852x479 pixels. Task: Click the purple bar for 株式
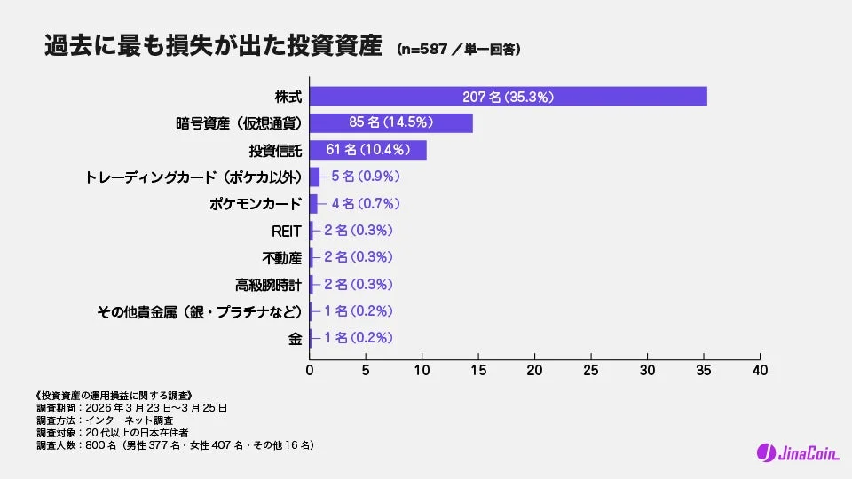point(508,97)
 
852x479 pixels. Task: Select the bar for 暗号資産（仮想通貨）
point(390,123)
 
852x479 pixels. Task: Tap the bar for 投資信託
point(367,150)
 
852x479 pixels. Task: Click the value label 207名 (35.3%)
point(508,97)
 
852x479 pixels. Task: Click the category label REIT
point(287,231)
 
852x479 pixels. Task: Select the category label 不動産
point(282,257)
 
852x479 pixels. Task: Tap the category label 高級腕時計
point(269,285)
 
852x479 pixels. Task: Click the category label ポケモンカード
point(255,204)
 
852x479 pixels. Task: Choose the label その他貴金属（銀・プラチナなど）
point(200,311)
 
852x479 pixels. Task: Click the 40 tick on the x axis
point(760,369)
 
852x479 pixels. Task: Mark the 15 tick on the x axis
point(478,369)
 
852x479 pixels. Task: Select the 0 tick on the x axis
point(310,369)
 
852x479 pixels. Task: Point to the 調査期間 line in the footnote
point(132,408)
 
